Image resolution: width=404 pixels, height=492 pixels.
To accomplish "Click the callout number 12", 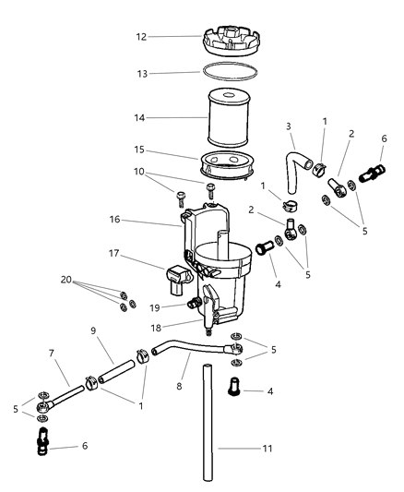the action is pos(141,37).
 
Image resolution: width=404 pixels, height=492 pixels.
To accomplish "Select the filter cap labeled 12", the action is pos(231,41).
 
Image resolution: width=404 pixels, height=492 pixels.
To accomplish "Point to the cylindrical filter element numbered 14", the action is pos(229,117).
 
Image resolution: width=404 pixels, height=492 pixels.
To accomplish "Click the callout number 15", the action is pos(139,150).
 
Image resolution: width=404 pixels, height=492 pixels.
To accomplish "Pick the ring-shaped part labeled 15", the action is pos(227,165).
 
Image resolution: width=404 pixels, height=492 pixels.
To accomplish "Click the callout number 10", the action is pos(139,172).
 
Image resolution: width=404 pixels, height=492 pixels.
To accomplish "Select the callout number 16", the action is pos(114,220).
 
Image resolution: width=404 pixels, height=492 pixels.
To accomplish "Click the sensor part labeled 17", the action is pos(178,280).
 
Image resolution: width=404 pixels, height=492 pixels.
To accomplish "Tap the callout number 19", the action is pos(155,308).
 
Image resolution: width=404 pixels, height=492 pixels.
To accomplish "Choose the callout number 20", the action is pos(66,280).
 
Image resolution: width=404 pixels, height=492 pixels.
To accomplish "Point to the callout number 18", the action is pos(156,328).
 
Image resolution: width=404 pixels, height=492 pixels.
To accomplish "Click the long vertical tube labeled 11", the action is pos(207,424).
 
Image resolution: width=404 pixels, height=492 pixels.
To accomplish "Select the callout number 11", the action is pos(267,449).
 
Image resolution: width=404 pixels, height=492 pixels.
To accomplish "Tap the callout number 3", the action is pos(289,126).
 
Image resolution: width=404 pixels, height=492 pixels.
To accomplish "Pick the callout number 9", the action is pos(93,330).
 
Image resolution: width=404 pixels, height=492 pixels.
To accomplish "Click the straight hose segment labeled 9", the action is pos(116,371).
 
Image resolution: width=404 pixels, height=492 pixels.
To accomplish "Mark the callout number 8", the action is pos(179,386).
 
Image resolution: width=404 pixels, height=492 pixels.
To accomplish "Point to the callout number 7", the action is pos(52,354).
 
